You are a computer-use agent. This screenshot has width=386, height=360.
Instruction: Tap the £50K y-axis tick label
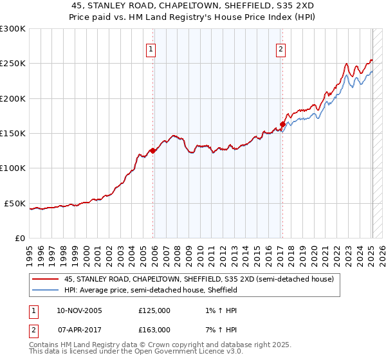pyautogui.click(x=15, y=203)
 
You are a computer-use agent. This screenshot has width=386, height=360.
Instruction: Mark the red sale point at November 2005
pyautogui.click(x=152, y=151)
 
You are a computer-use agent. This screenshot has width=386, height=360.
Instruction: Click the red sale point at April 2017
pyautogui.click(x=282, y=124)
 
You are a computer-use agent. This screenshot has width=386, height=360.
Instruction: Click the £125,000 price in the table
pyautogui.click(x=154, y=310)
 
